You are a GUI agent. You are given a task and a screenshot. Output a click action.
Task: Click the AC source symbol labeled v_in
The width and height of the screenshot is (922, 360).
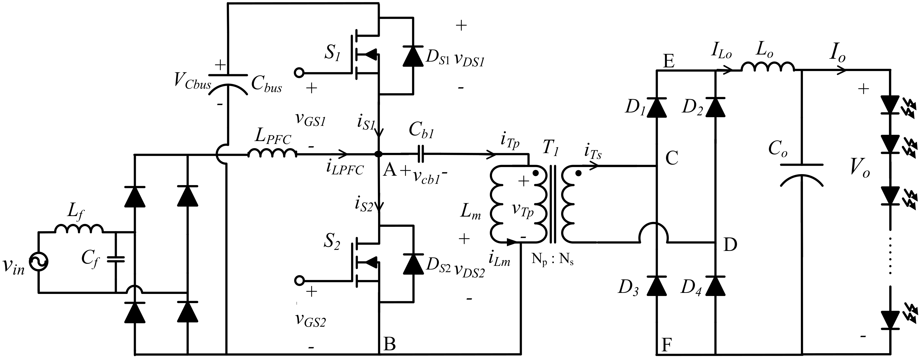[x=38, y=262]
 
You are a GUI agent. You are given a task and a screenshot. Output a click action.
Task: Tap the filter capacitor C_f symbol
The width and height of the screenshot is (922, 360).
[x=116, y=259]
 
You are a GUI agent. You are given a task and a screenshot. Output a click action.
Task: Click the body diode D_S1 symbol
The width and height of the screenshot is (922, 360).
[x=413, y=56]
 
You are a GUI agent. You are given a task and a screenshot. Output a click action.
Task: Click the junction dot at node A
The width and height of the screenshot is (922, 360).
[x=378, y=154]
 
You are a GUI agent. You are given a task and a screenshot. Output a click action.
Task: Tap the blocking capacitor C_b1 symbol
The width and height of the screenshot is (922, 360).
[x=421, y=154]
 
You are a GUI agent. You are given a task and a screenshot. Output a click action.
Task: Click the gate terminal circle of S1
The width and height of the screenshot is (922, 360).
[x=298, y=73]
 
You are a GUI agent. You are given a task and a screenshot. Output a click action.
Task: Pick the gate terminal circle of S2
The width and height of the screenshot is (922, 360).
[x=298, y=280]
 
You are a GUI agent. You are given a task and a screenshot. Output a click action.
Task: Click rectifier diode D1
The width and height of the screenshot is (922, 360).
[x=656, y=107]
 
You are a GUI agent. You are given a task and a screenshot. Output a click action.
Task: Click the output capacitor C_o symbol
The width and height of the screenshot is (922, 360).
[x=801, y=175]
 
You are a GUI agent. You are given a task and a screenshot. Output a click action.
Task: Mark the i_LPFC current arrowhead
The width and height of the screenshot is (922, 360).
[x=343, y=154]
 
